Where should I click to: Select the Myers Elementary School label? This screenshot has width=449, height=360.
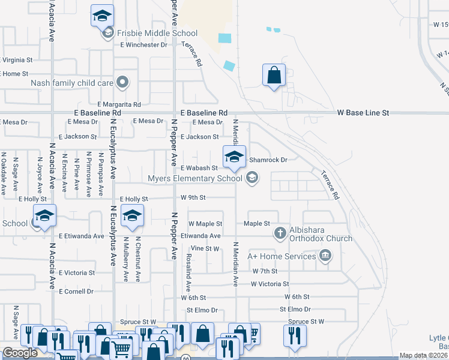pos(195,178)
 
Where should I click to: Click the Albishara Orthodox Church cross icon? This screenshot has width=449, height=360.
pos(280,232)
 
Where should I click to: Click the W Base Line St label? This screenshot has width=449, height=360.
pos(363,112)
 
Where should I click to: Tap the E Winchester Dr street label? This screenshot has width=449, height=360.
pos(143,44)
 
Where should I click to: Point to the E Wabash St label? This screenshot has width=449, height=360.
pos(198,168)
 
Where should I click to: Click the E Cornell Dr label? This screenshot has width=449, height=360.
pos(76,291)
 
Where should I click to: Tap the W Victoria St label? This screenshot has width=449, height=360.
pos(270,284)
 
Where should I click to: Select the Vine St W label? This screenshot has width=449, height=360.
pos(205,248)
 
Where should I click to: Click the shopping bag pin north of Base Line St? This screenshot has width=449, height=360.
pos(274,75)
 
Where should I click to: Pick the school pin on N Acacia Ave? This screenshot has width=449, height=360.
pos(44,215)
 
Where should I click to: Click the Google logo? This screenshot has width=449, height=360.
pos(20,352)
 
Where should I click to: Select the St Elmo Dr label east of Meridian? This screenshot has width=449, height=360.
pos(295,310)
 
